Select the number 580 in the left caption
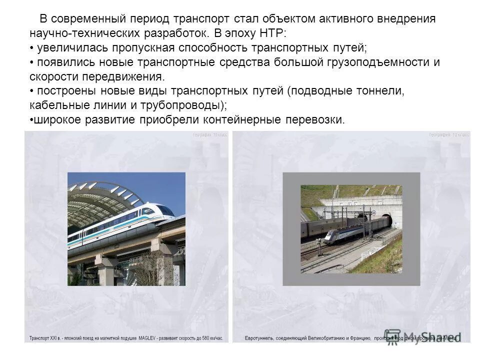204,338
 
